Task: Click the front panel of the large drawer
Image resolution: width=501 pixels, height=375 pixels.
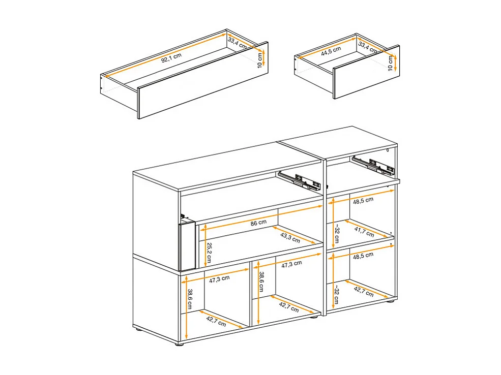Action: pos(202,81)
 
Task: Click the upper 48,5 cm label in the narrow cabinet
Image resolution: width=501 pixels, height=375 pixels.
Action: pos(362,200)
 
